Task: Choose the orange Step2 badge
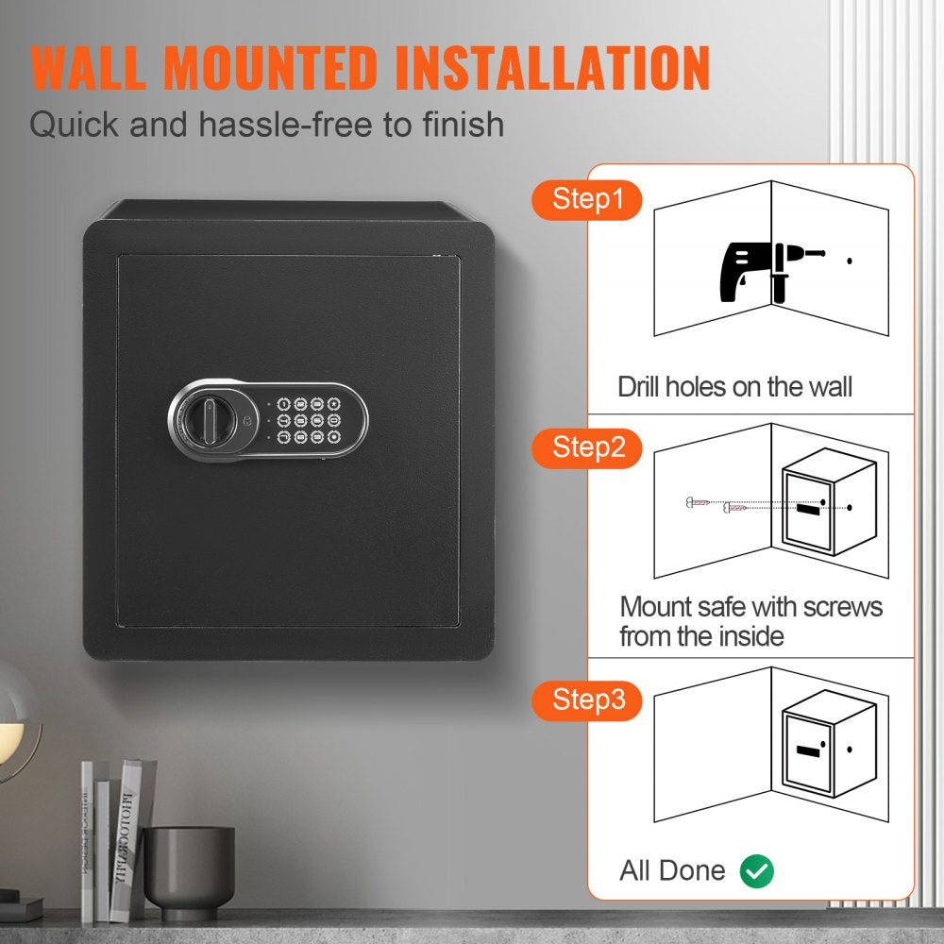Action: (587, 447)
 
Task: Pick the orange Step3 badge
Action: (587, 700)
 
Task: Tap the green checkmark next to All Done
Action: (756, 870)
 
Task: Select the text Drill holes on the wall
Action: (734, 387)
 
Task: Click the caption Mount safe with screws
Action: (750, 606)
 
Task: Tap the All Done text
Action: (672, 870)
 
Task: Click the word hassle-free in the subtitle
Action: (300, 124)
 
